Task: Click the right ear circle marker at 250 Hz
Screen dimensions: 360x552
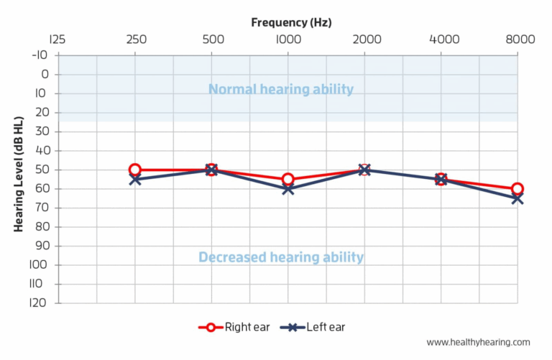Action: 135,170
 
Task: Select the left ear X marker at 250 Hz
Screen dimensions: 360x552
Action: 135,180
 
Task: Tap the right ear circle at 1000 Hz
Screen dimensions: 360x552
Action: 288,180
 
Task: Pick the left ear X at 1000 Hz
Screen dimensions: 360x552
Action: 288,189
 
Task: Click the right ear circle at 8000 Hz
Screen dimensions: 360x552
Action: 517,189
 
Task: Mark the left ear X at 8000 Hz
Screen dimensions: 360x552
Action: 517,198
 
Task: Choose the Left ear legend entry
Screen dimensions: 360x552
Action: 316,327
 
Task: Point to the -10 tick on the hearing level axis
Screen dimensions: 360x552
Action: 40,55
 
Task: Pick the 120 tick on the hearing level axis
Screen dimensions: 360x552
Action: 40,303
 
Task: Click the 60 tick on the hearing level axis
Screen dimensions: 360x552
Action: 42,189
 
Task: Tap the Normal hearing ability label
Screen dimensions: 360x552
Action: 281,89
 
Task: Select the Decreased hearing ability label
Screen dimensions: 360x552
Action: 281,257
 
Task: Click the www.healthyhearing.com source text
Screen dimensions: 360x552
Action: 478,343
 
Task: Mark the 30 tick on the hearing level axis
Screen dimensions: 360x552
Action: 42,131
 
